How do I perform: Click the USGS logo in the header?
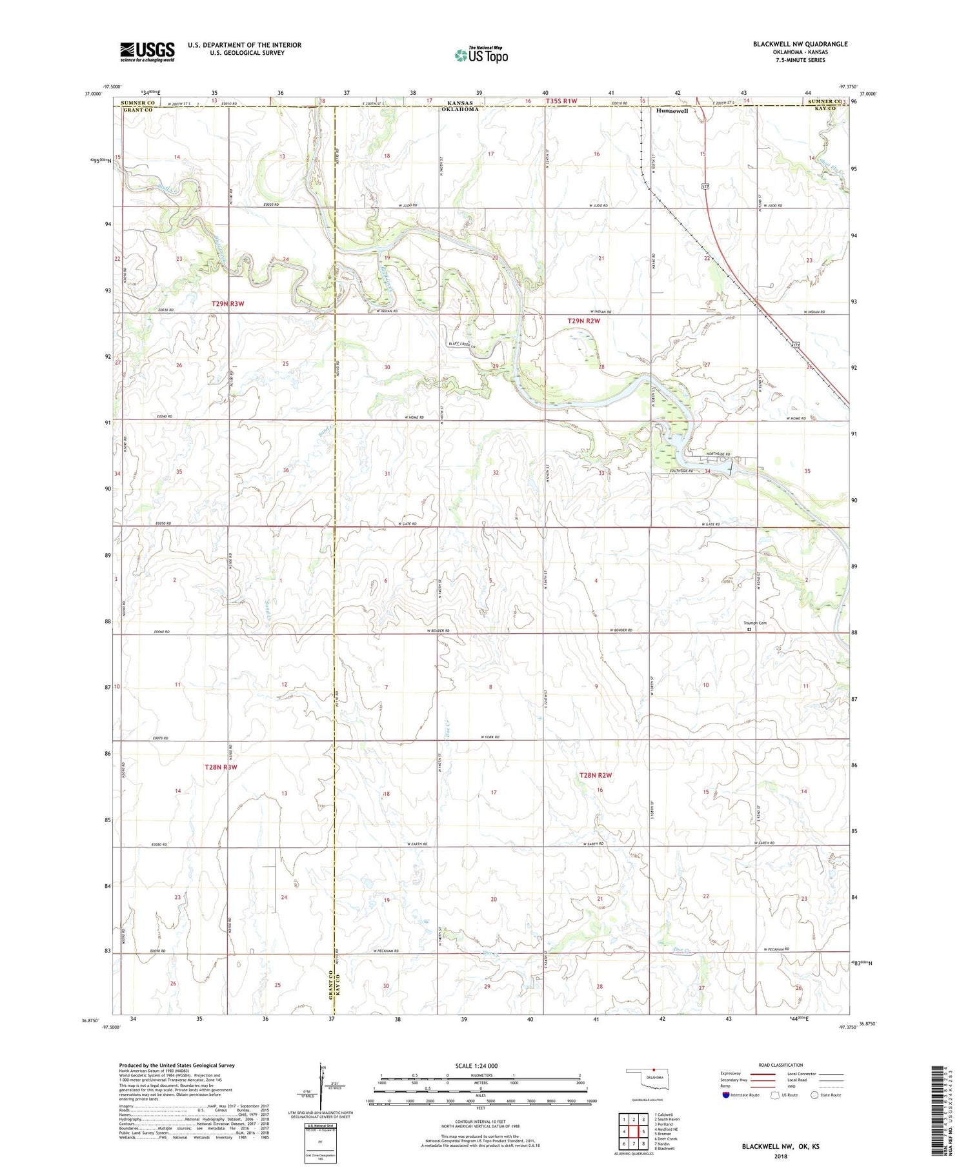click(147, 52)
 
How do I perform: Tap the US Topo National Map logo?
click(481, 55)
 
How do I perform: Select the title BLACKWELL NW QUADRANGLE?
click(800, 44)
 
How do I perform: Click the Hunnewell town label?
click(672, 111)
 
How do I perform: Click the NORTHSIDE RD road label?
click(717, 454)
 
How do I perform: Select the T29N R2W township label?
click(584, 321)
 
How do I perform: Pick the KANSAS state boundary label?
click(460, 103)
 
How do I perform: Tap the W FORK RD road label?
click(490, 737)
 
